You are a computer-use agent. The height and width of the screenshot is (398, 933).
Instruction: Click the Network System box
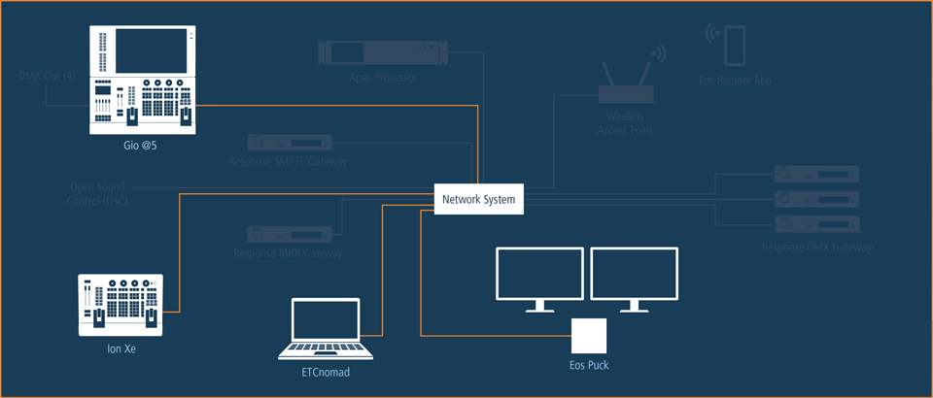pos(480,200)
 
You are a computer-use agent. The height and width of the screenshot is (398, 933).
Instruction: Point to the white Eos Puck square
pos(588,336)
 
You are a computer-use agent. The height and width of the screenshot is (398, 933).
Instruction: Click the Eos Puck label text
pos(589,366)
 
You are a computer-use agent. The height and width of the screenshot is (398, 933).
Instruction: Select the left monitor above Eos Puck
pos(540,276)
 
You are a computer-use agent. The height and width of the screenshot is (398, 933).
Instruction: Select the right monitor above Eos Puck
pos(634,276)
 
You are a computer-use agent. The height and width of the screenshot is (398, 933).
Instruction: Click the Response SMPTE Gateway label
pos(289,161)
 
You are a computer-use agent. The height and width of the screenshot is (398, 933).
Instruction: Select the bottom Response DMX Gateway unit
pos(817,224)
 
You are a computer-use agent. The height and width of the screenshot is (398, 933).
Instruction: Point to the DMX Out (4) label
pos(47,76)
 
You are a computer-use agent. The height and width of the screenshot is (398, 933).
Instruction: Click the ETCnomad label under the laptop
pos(326,371)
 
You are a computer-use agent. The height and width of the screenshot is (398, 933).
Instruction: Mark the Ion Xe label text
pos(121,348)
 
